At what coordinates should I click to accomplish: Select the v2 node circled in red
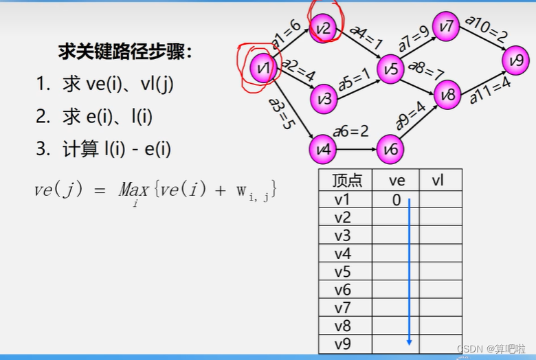323,29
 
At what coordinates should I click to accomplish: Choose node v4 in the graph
322,148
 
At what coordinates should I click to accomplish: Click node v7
447,27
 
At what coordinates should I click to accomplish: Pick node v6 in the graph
390,148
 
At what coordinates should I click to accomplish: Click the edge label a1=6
286,34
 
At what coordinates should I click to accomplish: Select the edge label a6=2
351,131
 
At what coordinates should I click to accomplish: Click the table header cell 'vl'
438,181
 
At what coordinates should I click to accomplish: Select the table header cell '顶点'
346,181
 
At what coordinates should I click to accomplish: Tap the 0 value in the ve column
396,199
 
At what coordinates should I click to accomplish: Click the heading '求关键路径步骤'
126,52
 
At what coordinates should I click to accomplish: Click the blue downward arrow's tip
409,343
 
